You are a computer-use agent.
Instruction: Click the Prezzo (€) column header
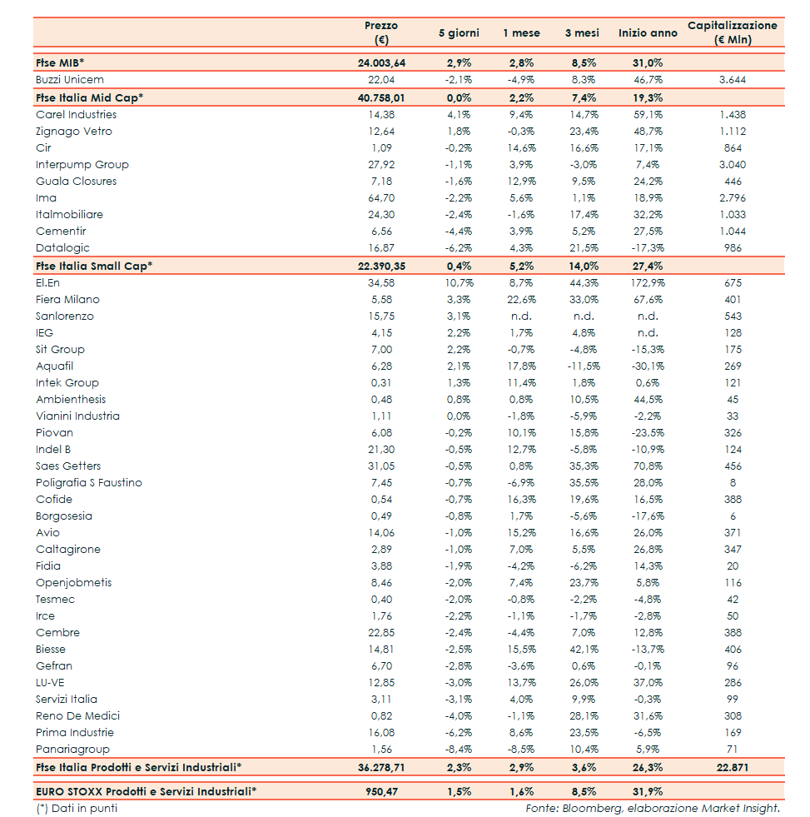pyautogui.click(x=381, y=32)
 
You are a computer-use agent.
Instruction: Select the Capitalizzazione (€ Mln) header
pyautogui.click(x=732, y=32)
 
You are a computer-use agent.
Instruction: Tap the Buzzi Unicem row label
pyautogui.click(x=70, y=80)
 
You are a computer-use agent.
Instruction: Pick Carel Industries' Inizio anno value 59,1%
pyautogui.click(x=648, y=115)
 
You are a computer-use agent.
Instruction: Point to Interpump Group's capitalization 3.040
pyautogui.click(x=733, y=165)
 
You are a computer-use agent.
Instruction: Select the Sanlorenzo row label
pyautogui.click(x=65, y=316)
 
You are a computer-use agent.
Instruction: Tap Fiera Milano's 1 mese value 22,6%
pyautogui.click(x=521, y=300)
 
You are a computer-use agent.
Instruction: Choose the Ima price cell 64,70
pyautogui.click(x=381, y=198)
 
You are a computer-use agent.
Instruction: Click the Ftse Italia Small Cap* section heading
pyautogui.click(x=94, y=266)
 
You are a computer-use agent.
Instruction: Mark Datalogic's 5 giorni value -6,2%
pyautogui.click(x=459, y=248)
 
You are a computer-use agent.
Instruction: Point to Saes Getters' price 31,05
pyautogui.click(x=381, y=466)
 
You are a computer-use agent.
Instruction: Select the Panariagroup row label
pyautogui.click(x=72, y=750)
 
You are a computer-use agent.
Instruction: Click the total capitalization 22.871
pyautogui.click(x=733, y=766)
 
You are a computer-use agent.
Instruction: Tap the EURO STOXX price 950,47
pyautogui.click(x=381, y=791)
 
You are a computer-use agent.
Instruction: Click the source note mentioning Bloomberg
pyautogui.click(x=653, y=808)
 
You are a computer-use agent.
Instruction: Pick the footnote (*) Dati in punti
pyautogui.click(x=77, y=808)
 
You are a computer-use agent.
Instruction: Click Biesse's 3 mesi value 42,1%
pyautogui.click(x=584, y=650)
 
